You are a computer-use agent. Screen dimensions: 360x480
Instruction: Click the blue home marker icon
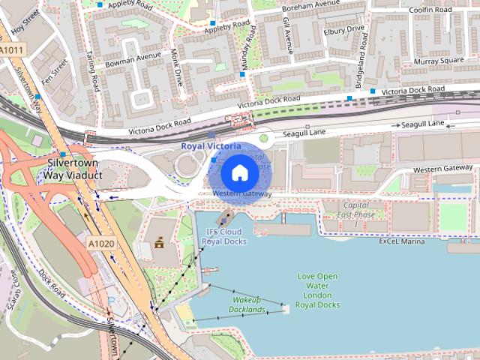pos(238,172)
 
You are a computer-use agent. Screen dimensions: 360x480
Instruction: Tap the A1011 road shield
pos(13,50)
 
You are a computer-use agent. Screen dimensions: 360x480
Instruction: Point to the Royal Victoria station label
pos(211,145)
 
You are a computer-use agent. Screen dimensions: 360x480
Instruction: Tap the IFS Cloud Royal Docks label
pos(226,237)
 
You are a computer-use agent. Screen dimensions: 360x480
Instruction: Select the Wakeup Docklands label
pos(247,304)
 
